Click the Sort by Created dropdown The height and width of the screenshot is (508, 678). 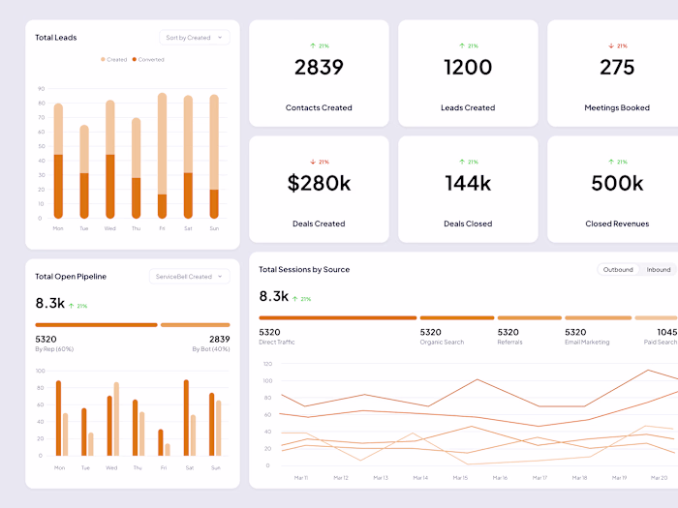pos(194,38)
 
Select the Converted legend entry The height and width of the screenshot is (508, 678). pos(148,59)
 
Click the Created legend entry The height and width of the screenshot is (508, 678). pos(114,59)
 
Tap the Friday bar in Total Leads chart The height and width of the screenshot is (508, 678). pos(163,155)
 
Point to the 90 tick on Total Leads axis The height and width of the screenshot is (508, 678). pos(42,88)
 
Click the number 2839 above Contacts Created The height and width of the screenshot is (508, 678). pos(319,68)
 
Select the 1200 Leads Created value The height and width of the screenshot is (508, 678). pos(468,68)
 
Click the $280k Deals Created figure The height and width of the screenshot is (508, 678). pos(319,183)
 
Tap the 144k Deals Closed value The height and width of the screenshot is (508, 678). pos(468,183)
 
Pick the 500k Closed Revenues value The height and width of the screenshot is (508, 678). pos(617,183)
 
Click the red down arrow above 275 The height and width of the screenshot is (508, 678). pos(611,45)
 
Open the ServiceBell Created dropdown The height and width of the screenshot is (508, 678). pos(190,277)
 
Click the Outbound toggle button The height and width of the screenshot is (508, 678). pos(617,270)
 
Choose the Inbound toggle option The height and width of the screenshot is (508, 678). pos(659,270)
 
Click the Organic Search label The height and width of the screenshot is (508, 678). pos(442,342)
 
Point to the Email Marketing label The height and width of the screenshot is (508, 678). pos(587,342)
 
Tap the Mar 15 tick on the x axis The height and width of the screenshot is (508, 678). pos(460,477)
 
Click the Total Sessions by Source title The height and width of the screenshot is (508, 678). pos(304,270)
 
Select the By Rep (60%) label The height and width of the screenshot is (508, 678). pos(54,349)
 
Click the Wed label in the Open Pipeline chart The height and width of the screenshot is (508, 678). pos(110,466)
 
